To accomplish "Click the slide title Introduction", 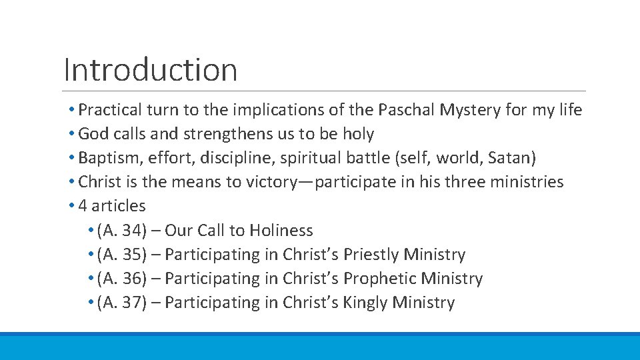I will (151, 69).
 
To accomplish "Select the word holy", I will (358, 134).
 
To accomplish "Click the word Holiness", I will (281, 231).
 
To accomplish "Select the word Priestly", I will (371, 255).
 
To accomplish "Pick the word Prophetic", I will (379, 279).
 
